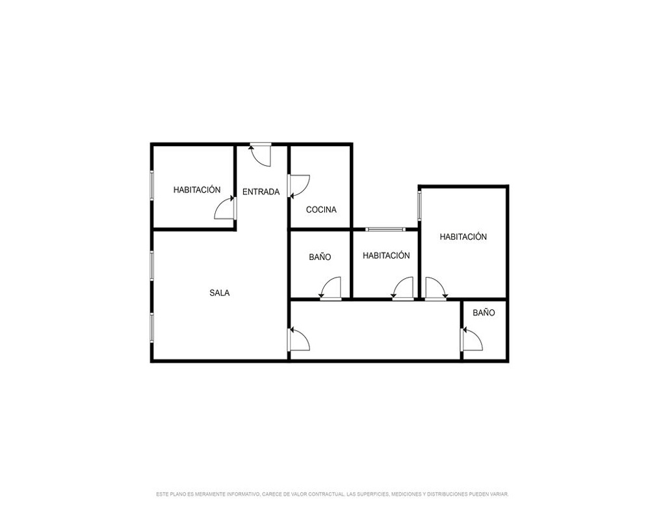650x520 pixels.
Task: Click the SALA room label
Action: (x=219, y=292)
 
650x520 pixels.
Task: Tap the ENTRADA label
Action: (x=261, y=192)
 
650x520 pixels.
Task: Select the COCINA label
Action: (x=321, y=210)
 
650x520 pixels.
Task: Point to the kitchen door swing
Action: (x=299, y=186)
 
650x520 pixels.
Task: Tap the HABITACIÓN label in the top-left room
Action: (x=197, y=190)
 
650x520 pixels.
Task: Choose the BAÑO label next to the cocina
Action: (x=320, y=257)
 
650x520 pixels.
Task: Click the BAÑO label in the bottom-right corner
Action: (x=484, y=313)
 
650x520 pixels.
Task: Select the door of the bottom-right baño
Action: (x=472, y=339)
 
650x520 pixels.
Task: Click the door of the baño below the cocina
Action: (x=330, y=288)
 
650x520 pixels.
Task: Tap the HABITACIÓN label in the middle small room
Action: (x=386, y=255)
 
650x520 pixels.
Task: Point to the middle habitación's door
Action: (x=402, y=288)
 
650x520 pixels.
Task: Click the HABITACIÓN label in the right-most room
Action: (x=463, y=237)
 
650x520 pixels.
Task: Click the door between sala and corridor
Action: (x=299, y=339)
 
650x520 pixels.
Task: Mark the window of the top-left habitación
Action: (x=151, y=186)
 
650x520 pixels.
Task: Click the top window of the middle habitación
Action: (x=385, y=229)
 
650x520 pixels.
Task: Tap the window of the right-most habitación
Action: (x=419, y=205)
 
